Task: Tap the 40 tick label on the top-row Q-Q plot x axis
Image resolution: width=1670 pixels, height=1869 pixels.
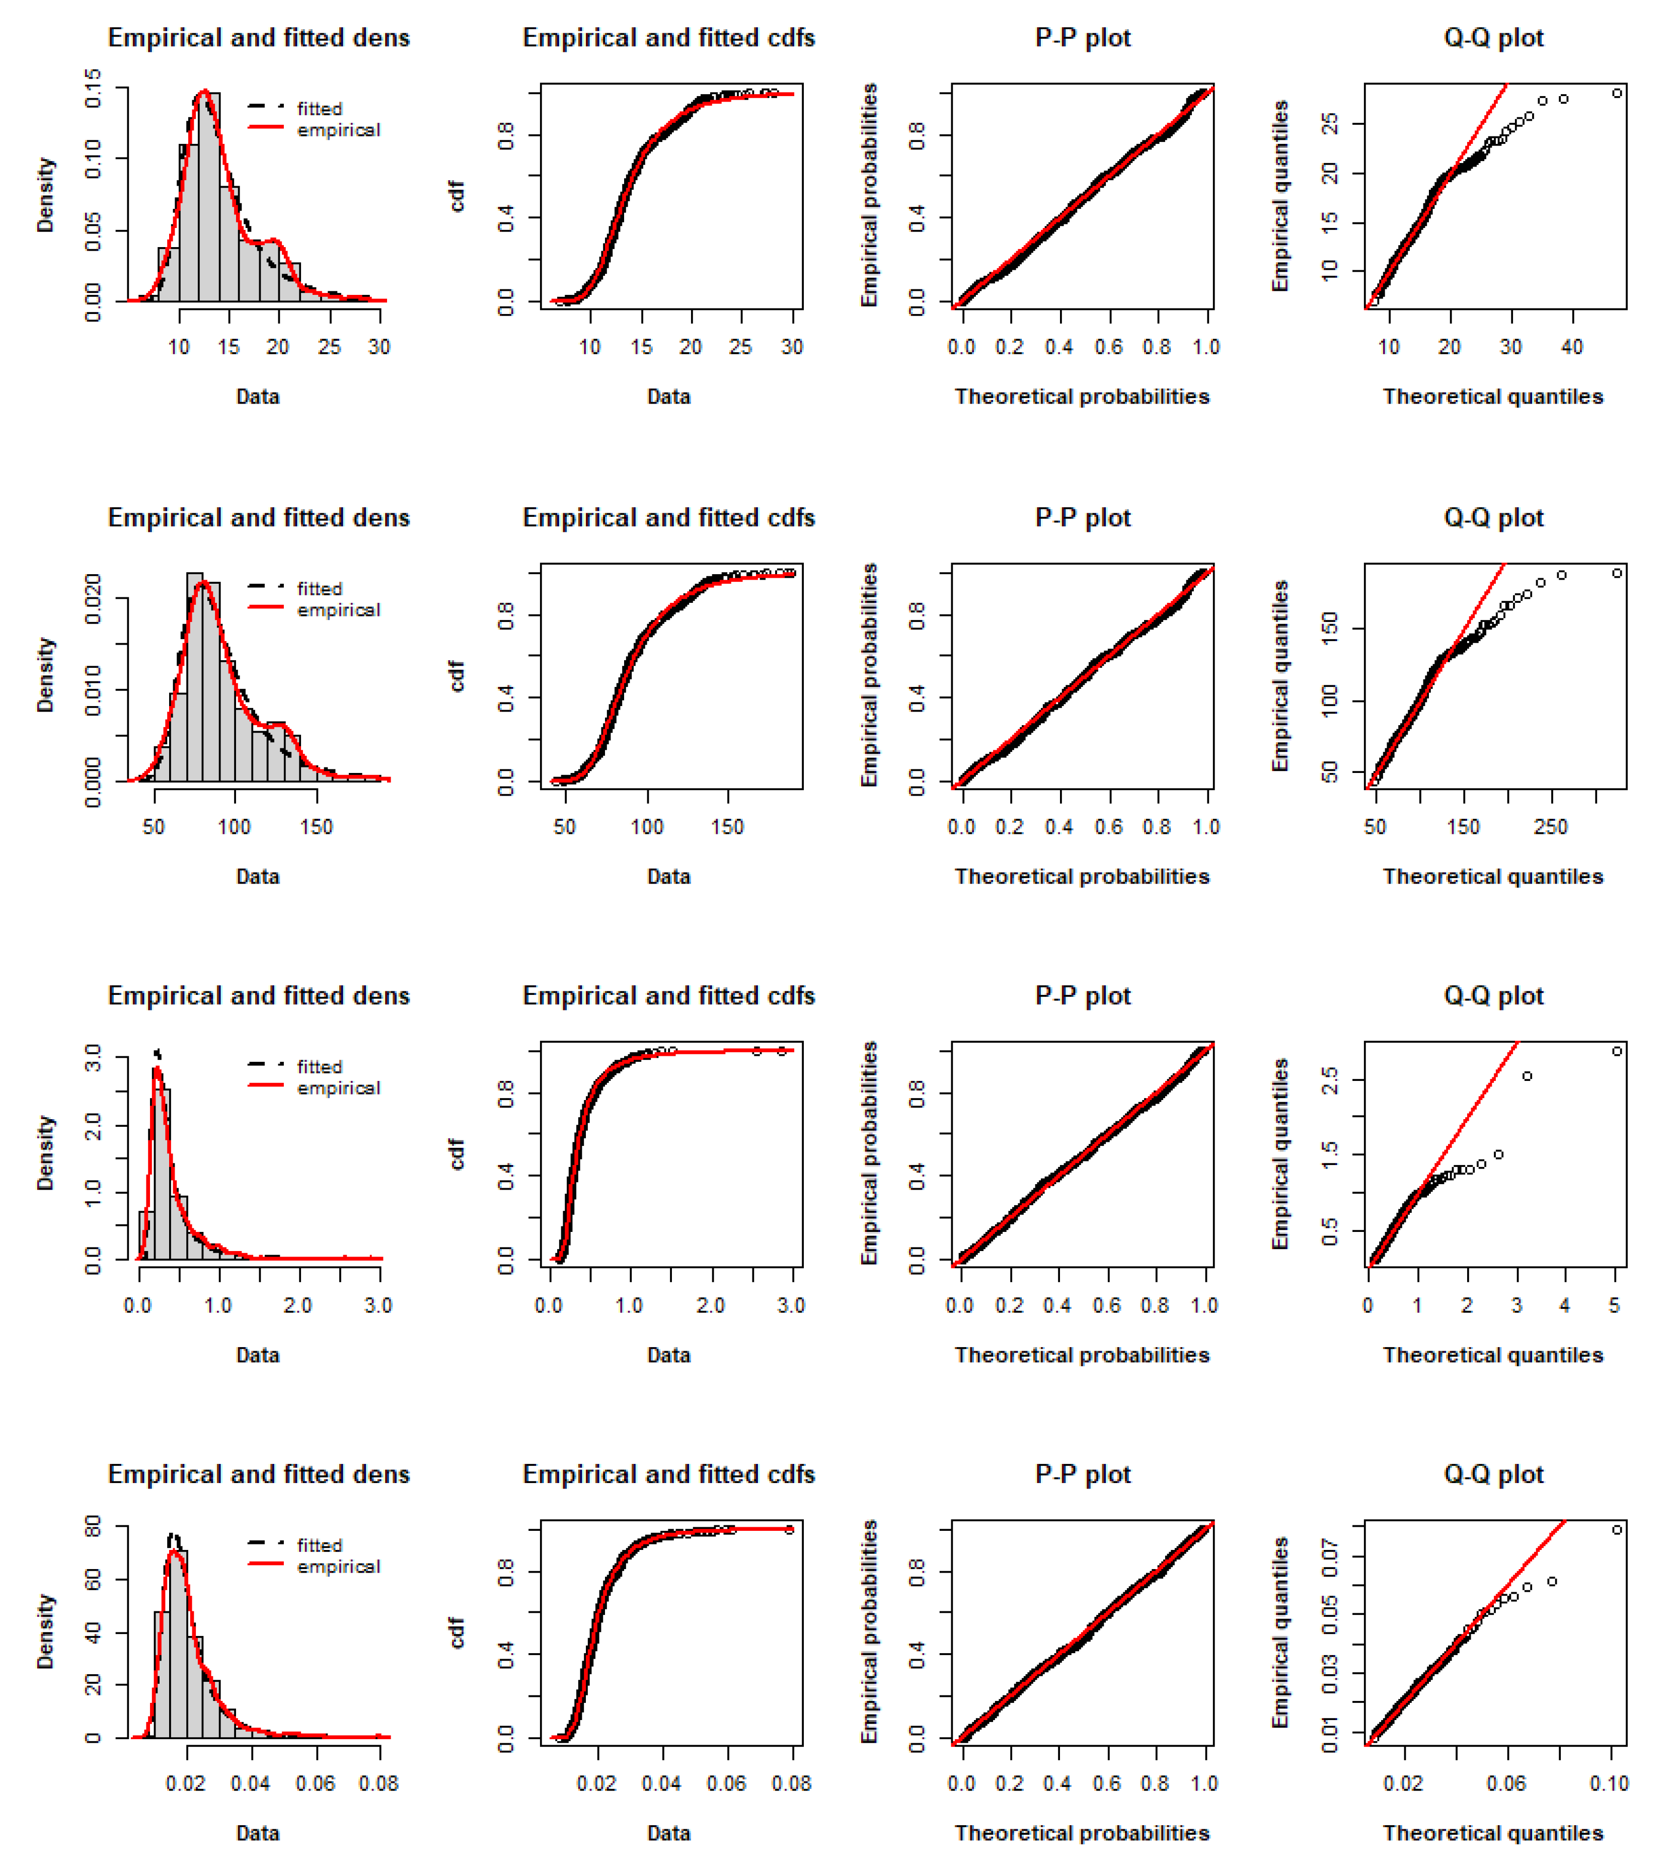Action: (x=1572, y=347)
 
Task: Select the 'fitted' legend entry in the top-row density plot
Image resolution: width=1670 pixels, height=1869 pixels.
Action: (x=319, y=108)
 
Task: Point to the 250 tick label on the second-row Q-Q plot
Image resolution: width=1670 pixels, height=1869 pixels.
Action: (x=1551, y=827)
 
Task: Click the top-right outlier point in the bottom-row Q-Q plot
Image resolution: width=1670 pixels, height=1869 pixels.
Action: (x=1617, y=1529)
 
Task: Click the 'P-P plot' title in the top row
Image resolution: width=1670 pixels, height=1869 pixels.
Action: (x=1083, y=38)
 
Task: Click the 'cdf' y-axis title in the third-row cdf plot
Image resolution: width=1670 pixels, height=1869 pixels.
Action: (x=456, y=1153)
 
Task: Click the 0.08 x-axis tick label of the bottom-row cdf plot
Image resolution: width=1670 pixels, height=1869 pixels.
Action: (x=791, y=1783)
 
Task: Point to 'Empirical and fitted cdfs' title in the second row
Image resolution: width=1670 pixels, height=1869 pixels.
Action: (x=669, y=517)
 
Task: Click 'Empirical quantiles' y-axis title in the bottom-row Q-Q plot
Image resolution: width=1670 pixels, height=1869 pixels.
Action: (x=1280, y=1631)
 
